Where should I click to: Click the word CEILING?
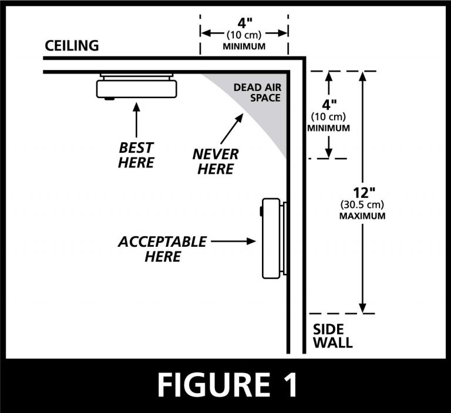coord(73,46)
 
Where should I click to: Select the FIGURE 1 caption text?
coord(225,385)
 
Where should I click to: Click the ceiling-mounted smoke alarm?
coord(136,87)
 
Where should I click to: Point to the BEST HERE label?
coord(136,155)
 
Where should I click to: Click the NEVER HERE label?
coord(216,162)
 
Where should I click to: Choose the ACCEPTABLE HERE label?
coord(162,249)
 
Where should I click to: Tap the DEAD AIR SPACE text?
coord(257,92)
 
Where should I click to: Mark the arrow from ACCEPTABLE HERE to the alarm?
coord(234,241)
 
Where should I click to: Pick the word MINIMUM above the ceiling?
coord(244,46)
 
